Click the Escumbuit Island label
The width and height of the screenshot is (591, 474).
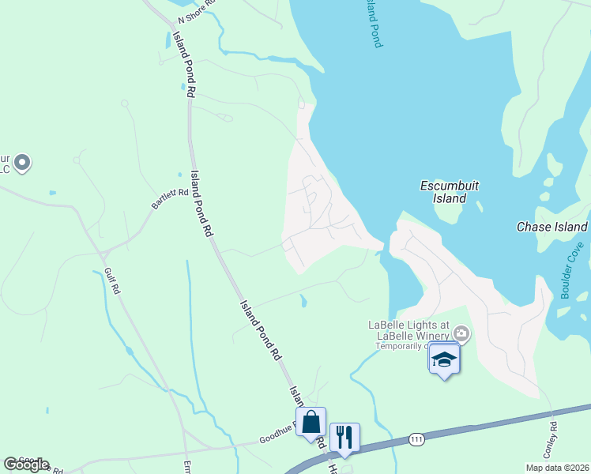click(x=450, y=192)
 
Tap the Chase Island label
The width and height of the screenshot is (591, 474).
click(x=551, y=227)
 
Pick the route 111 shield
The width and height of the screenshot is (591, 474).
click(x=416, y=438)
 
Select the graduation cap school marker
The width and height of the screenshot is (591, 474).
click(x=444, y=359)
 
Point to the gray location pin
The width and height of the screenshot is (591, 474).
click(x=22, y=163)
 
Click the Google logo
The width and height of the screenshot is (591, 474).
click(x=26, y=465)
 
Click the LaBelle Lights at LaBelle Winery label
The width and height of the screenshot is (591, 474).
click(x=408, y=329)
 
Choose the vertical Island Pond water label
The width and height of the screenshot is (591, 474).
click(x=374, y=24)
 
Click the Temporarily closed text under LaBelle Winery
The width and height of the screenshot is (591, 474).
click(x=402, y=346)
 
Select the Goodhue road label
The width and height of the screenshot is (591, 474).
click(x=279, y=435)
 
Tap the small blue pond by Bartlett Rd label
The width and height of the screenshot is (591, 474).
click(x=52, y=192)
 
